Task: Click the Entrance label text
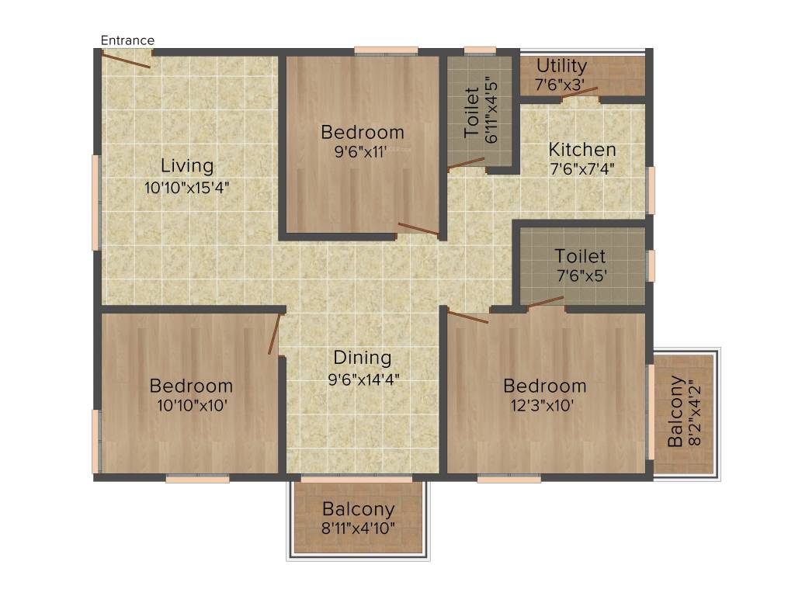click(127, 40)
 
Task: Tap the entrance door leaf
click(126, 61)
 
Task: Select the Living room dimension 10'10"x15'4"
click(187, 187)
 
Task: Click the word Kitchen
click(582, 150)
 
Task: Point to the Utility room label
click(561, 66)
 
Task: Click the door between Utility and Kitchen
click(581, 94)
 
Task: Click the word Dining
click(363, 358)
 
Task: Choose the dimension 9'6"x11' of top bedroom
click(363, 152)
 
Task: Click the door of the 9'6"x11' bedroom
click(418, 229)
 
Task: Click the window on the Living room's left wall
click(96, 203)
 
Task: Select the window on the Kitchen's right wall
click(651, 190)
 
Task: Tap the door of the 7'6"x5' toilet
click(546, 302)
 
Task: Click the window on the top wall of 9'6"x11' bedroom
click(386, 51)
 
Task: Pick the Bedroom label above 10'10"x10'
click(191, 386)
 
